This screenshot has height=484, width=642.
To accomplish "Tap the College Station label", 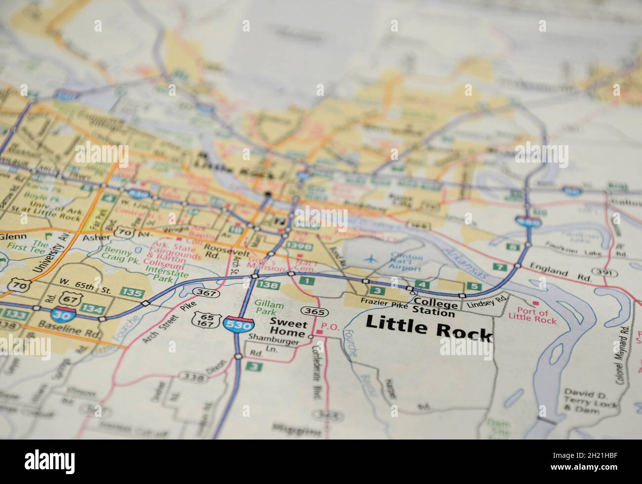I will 435,307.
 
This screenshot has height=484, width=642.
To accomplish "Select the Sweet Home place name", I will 288,328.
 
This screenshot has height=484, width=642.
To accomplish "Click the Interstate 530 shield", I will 239,324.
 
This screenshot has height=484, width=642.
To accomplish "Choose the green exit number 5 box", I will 475,286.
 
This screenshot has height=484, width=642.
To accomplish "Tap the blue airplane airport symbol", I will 370,258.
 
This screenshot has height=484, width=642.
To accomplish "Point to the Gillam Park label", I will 269,309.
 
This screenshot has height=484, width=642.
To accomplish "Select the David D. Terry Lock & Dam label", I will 591,400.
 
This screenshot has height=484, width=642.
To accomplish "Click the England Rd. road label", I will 561,274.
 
